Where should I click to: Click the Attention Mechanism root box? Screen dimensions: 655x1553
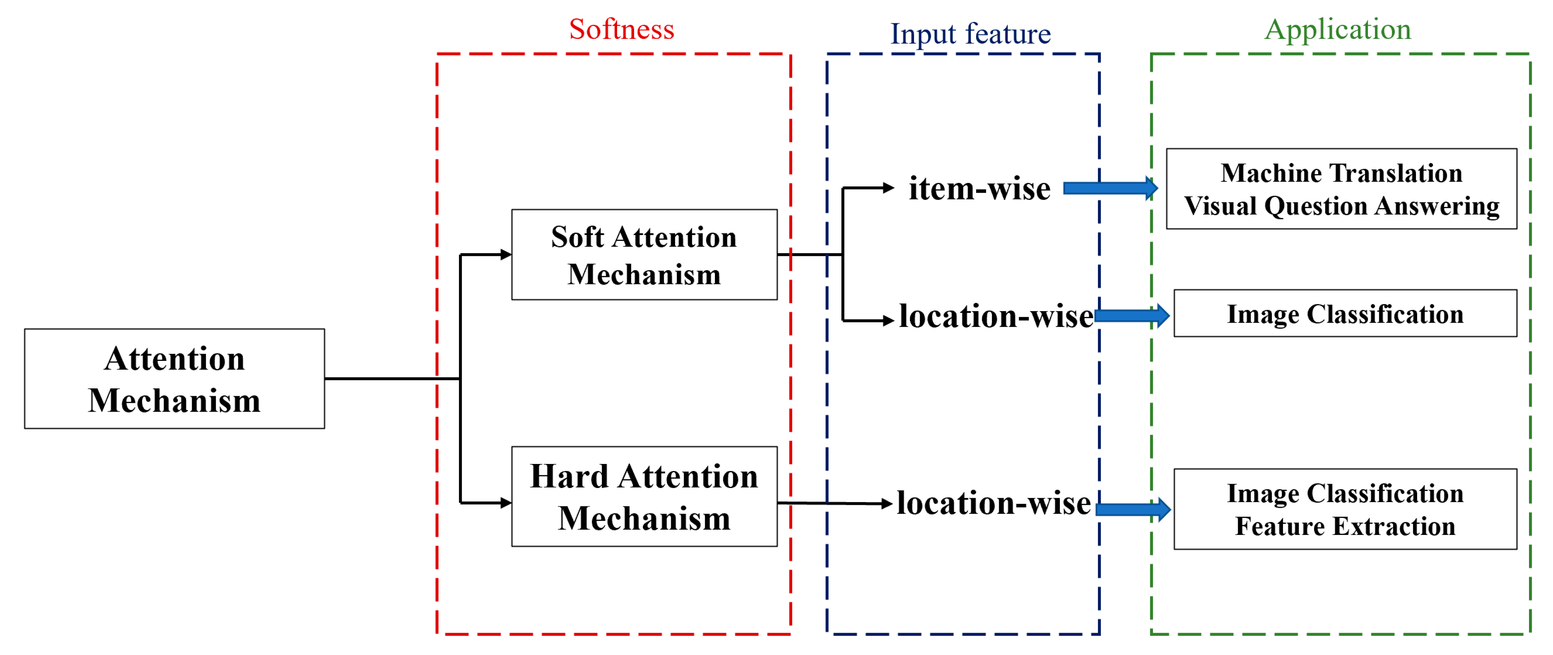[174, 379]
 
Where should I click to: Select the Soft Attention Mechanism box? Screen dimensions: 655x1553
[644, 255]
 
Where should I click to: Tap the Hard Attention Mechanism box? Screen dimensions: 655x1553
[644, 496]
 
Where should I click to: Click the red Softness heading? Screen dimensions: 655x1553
[622, 29]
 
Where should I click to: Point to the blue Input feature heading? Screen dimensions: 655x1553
[970, 34]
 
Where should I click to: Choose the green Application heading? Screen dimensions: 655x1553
[1338, 29]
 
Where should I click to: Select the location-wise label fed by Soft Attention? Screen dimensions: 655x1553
[996, 316]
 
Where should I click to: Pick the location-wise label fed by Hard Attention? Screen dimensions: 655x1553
[993, 503]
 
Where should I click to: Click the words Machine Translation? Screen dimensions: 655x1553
[1342, 173]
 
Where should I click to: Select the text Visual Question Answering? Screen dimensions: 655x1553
[1342, 206]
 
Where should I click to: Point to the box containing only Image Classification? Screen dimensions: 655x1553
[1345, 314]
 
